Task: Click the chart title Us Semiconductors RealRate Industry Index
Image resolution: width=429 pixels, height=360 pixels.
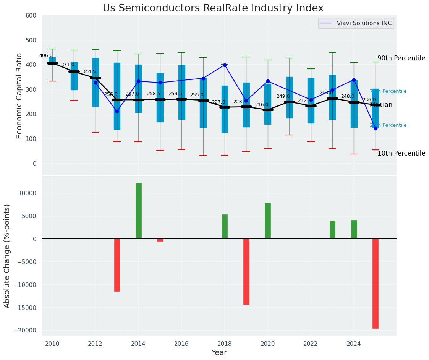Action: coord(213,8)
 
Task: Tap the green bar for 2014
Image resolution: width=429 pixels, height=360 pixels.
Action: coord(138,211)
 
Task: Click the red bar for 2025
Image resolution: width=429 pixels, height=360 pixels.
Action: coord(376,283)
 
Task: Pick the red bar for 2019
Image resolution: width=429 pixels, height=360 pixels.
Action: coord(246,271)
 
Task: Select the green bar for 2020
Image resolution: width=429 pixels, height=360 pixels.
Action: coord(268,221)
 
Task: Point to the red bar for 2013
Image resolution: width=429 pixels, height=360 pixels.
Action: coord(117,265)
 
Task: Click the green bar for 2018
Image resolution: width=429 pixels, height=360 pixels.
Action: coord(225,226)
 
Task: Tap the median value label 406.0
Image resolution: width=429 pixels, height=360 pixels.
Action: coord(46,55)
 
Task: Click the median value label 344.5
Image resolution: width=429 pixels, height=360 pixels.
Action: coord(89,71)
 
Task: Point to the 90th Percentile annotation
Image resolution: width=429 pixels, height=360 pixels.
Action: coord(401,58)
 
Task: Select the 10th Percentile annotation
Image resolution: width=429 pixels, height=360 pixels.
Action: coord(401,154)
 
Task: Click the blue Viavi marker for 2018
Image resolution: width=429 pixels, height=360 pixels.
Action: coord(225,65)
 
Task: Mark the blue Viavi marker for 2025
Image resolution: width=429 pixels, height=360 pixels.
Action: coord(376,128)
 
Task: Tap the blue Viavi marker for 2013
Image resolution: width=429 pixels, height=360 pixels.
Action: coord(117,111)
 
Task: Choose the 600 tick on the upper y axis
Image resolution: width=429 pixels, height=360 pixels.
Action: coord(31,16)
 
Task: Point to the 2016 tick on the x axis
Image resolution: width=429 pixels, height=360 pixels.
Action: coord(181,344)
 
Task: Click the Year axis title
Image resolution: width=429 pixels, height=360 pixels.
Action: coord(219,353)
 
